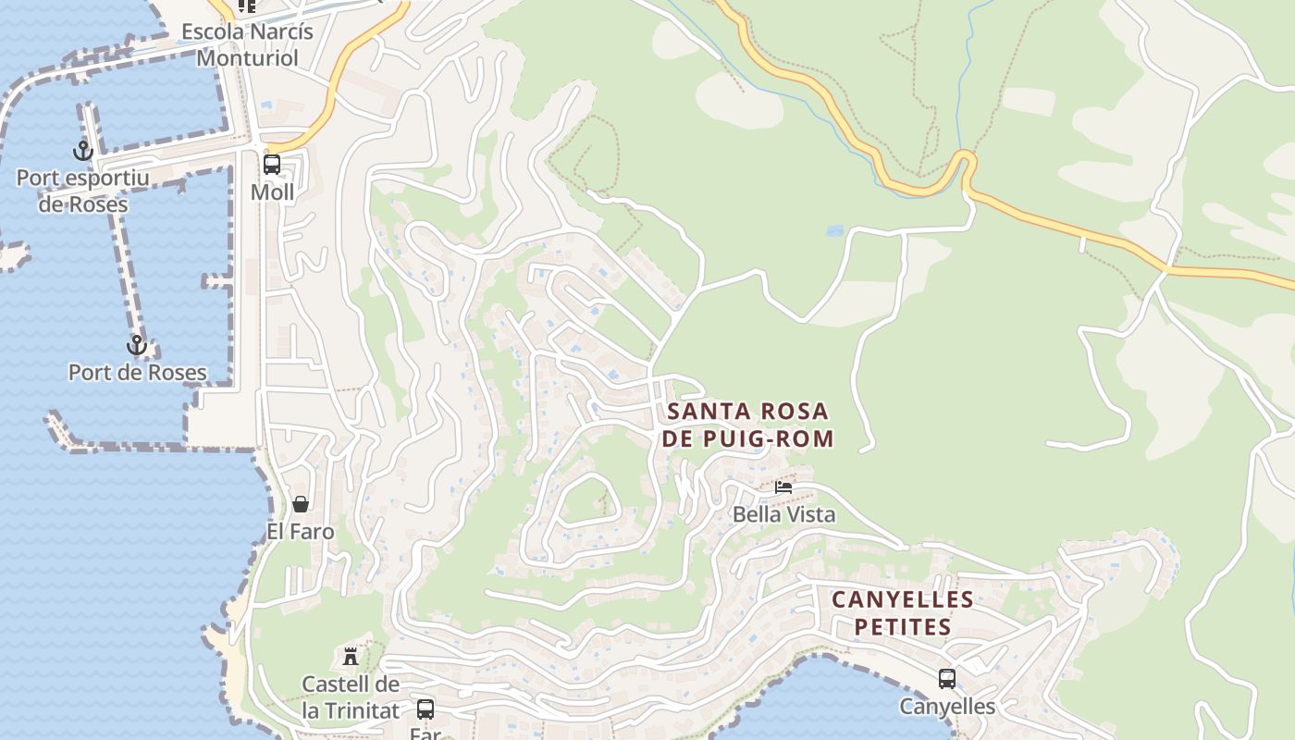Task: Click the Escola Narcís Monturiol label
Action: click(247, 43)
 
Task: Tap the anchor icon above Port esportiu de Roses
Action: click(83, 150)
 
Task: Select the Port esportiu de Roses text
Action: click(83, 191)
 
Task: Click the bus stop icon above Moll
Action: click(272, 165)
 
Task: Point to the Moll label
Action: click(272, 192)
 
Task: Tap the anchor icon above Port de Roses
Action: click(137, 345)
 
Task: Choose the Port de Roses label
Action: click(137, 372)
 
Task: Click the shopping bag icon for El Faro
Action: click(301, 504)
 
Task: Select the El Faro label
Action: click(301, 532)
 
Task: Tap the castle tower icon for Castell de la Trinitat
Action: click(351, 657)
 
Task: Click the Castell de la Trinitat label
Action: click(351, 697)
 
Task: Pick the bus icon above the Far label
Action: click(425, 709)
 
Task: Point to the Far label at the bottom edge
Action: click(425, 734)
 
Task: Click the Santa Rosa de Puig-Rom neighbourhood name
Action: click(748, 425)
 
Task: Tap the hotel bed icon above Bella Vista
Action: click(783, 487)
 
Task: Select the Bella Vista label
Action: click(783, 514)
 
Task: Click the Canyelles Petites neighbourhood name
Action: click(902, 613)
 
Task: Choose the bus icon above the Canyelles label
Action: click(947, 679)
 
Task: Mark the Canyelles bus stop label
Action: click(947, 707)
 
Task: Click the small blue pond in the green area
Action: click(835, 231)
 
